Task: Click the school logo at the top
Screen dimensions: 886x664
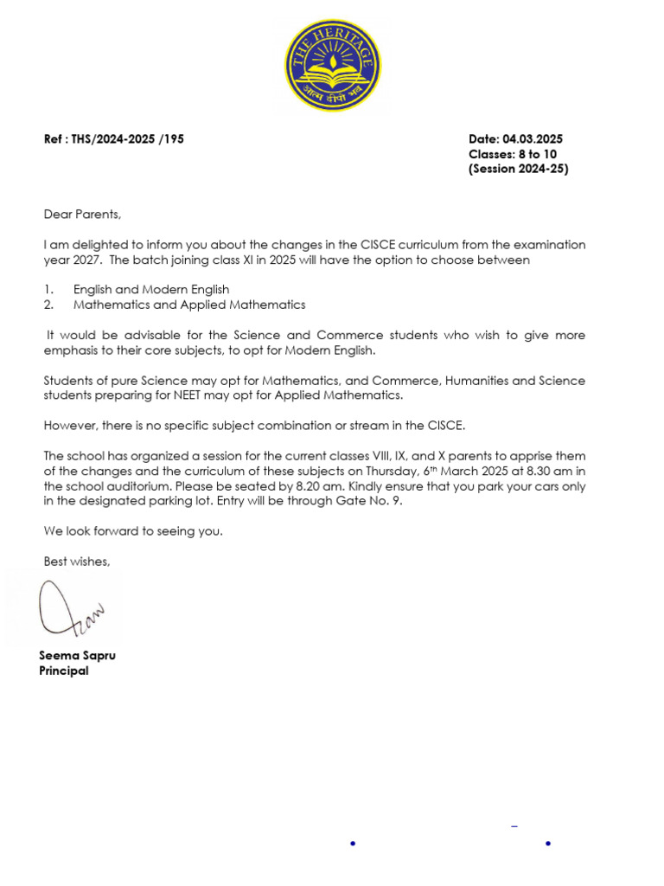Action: pyautogui.click(x=333, y=67)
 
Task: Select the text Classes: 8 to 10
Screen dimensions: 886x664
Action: pyautogui.click(x=513, y=154)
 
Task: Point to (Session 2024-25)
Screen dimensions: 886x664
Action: pyautogui.click(x=518, y=169)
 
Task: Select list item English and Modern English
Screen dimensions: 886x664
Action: pyautogui.click(x=151, y=290)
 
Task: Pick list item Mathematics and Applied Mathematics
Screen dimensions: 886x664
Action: pyautogui.click(x=189, y=305)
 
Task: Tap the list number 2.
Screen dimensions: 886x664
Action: pyautogui.click(x=48, y=305)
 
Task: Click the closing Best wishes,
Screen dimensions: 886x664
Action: pyautogui.click(x=77, y=562)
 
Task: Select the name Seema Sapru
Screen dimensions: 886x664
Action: pyautogui.click(x=77, y=655)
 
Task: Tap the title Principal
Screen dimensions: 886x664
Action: pyautogui.click(x=64, y=671)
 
